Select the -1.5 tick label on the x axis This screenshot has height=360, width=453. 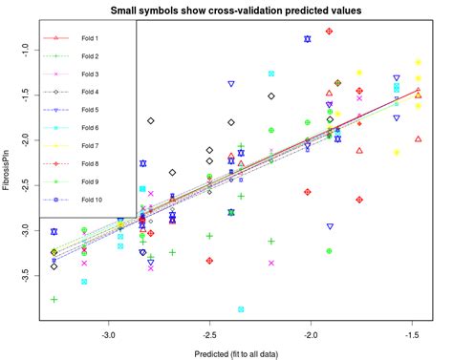click(x=412, y=335)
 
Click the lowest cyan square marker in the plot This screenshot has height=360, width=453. click(x=241, y=309)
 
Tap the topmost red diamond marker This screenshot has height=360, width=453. click(x=329, y=32)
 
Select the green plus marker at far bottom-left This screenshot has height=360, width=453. click(x=54, y=300)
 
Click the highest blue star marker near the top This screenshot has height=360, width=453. click(x=307, y=39)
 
